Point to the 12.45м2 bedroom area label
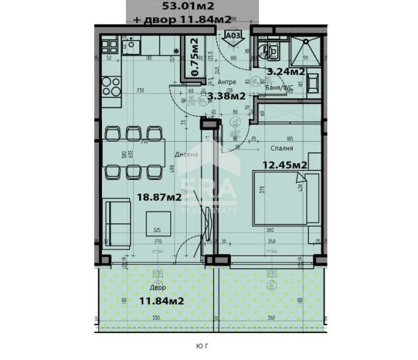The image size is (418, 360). [285, 165]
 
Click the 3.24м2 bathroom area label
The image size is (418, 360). [285, 71]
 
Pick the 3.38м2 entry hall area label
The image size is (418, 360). [225, 95]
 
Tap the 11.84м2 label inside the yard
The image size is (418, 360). [161, 301]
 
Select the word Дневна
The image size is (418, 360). [185, 154]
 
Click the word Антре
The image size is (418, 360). [226, 82]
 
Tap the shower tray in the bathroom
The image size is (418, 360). [306, 49]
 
